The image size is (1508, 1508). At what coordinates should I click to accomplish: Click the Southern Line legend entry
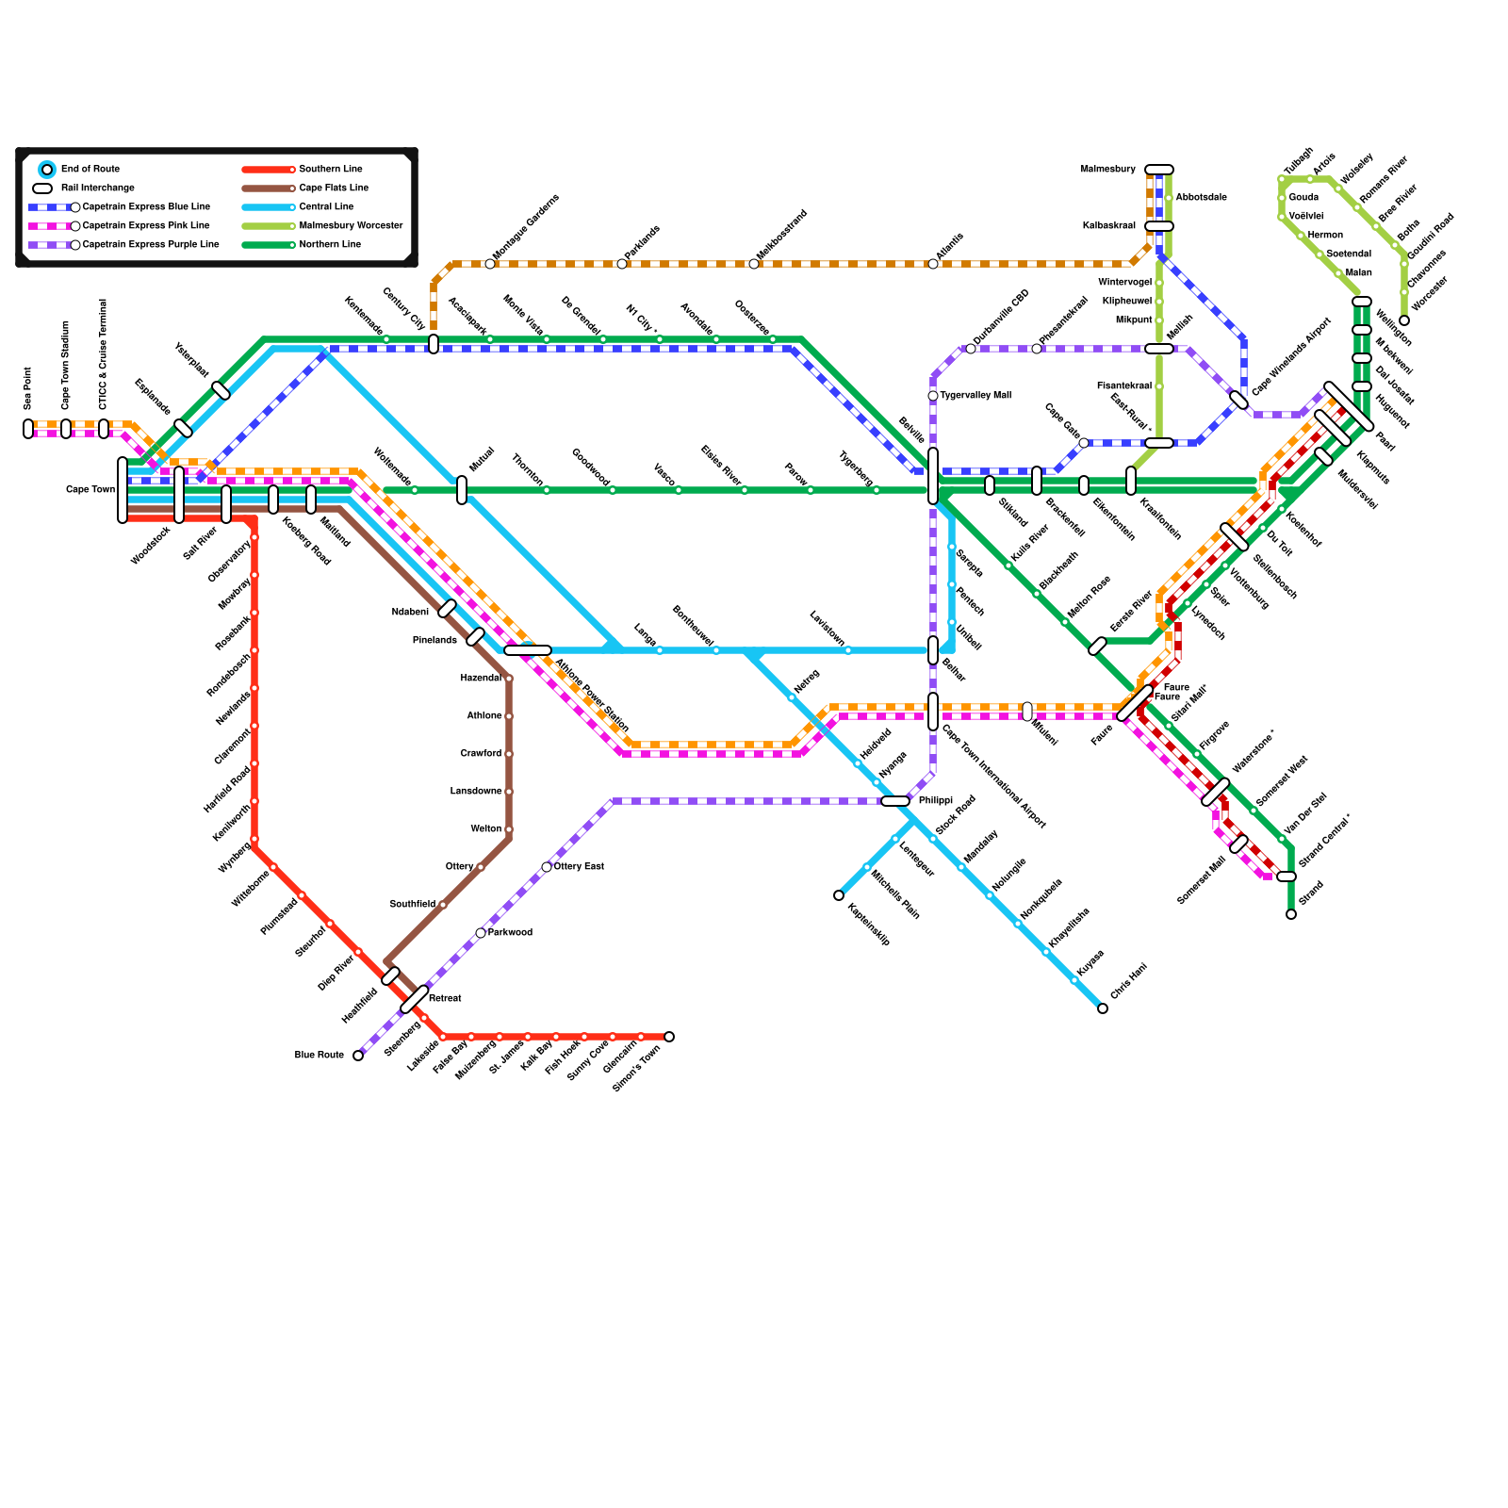(330, 170)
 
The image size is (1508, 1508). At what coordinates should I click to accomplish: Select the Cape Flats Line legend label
(334, 188)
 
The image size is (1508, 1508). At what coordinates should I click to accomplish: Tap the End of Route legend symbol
(47, 170)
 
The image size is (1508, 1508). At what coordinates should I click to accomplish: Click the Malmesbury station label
(1107, 170)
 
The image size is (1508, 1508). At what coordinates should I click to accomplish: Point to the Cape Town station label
(90, 490)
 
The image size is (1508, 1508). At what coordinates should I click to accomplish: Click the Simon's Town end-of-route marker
(669, 1037)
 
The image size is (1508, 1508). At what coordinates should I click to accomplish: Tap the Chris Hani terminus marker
(1103, 1008)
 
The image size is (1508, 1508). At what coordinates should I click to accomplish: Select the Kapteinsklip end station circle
(839, 895)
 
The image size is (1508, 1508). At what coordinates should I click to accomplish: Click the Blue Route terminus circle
(358, 1056)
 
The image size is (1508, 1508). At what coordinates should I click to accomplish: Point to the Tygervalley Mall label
(975, 396)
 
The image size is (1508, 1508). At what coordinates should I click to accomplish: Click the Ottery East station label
(579, 867)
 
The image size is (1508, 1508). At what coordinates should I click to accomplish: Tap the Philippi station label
(936, 801)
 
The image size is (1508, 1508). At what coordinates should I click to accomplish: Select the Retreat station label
(445, 999)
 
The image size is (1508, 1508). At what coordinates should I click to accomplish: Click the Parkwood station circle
(481, 933)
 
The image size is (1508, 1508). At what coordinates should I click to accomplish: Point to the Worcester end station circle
(1404, 320)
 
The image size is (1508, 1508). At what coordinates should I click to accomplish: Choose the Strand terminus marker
(1291, 914)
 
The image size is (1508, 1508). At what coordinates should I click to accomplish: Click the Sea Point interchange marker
(28, 429)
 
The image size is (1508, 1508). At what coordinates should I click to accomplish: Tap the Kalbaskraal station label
(1108, 226)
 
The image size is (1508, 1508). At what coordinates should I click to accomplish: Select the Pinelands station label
(434, 641)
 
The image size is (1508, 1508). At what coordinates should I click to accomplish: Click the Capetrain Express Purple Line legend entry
(151, 245)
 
